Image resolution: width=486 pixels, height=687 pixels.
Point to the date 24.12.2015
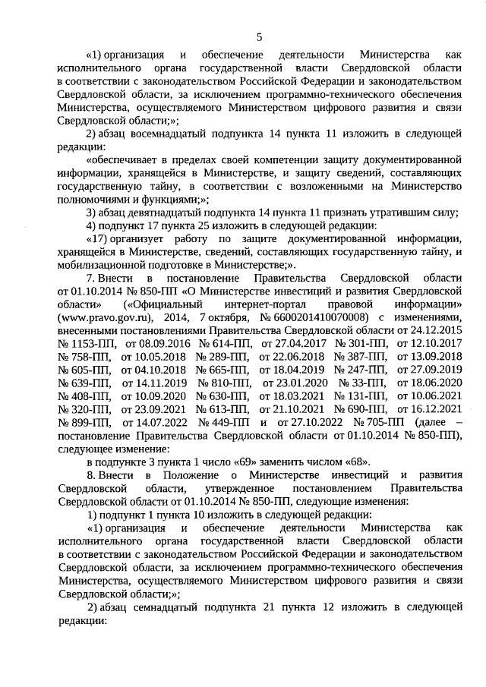(434, 352)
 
